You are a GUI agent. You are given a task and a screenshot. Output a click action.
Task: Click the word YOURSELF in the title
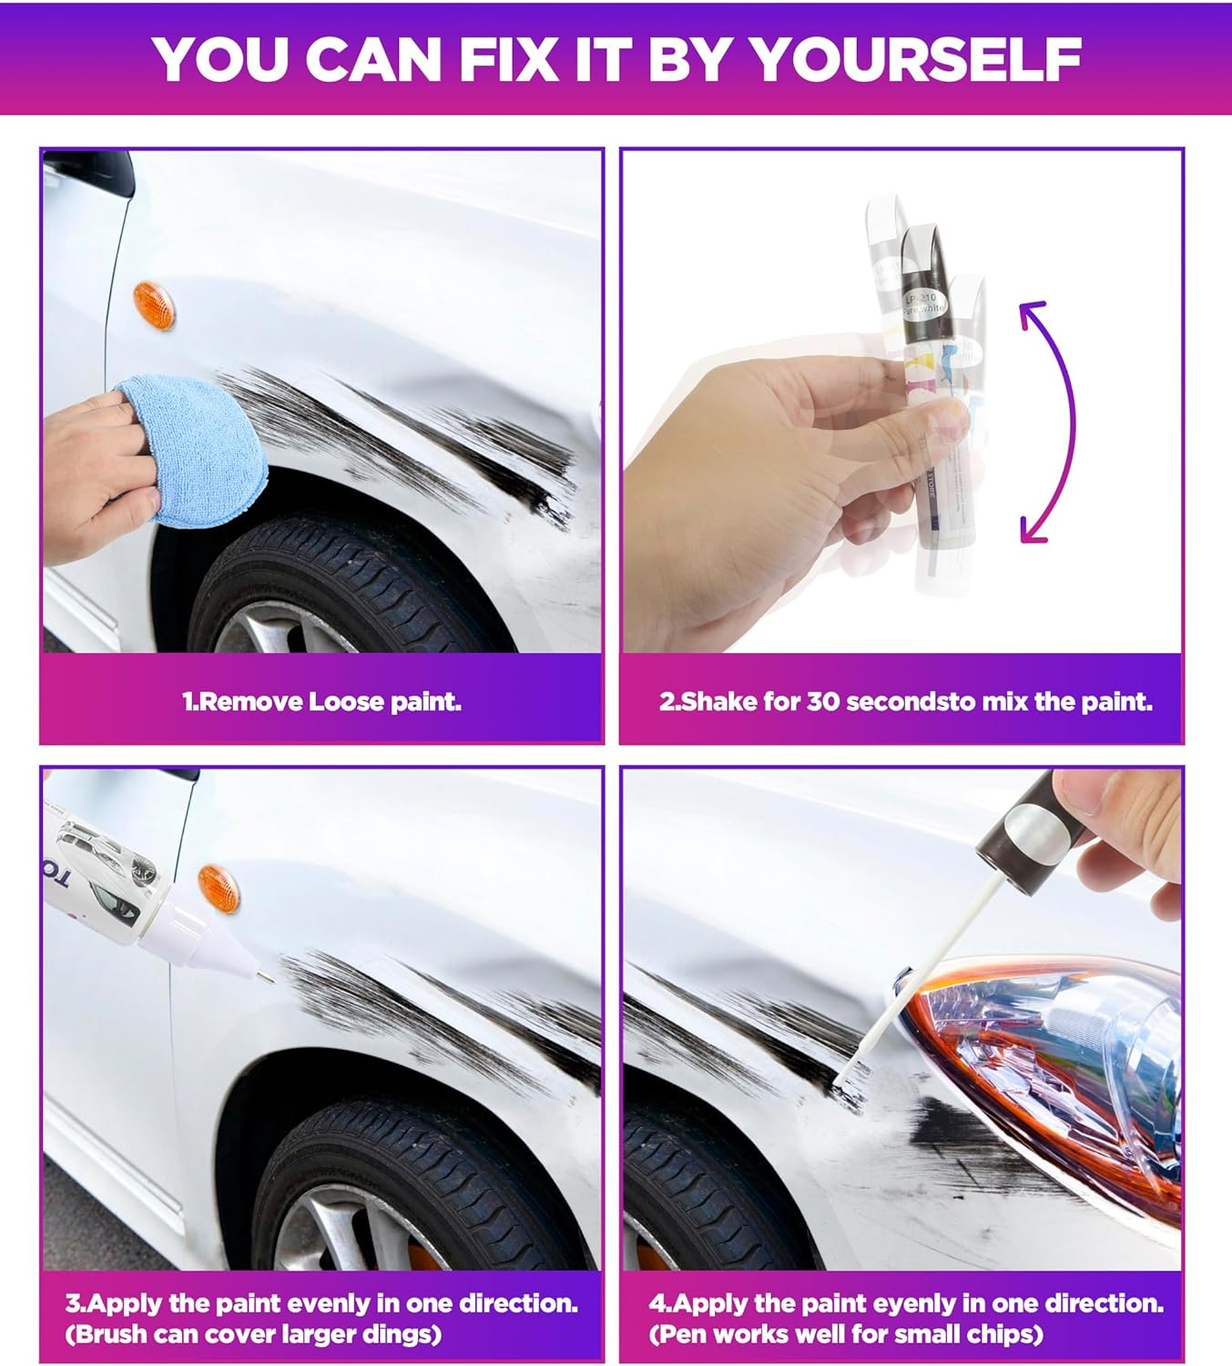915,59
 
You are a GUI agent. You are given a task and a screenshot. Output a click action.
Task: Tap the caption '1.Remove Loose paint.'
321,701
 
